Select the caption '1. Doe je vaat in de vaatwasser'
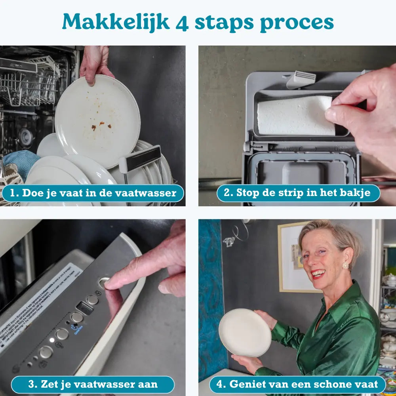[93, 193]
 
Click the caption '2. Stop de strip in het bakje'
[298, 193]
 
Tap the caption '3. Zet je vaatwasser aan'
[93, 384]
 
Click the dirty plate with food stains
[97, 119]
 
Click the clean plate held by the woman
[245, 333]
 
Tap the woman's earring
[345, 265]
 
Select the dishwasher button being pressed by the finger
[103, 282]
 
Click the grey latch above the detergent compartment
[301, 79]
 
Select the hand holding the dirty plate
[95, 63]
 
